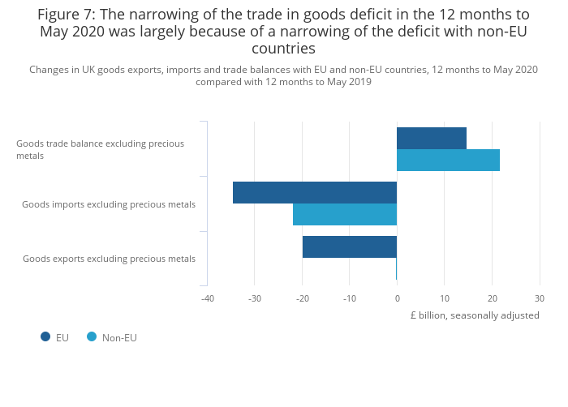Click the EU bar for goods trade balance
432,139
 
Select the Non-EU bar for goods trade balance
448,161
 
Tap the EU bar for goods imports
315,192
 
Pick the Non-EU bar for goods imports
345,214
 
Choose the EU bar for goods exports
350,246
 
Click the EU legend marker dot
45,337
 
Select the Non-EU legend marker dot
92,337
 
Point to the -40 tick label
207,298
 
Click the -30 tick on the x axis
255,298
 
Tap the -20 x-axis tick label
302,298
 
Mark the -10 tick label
350,298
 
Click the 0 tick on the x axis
397,298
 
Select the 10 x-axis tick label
445,298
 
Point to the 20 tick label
492,298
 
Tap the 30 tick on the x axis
540,298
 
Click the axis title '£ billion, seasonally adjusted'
475,315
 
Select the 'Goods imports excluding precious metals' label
109,204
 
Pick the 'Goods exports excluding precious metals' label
109,259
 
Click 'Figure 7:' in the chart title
67,15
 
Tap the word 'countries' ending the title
283,49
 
